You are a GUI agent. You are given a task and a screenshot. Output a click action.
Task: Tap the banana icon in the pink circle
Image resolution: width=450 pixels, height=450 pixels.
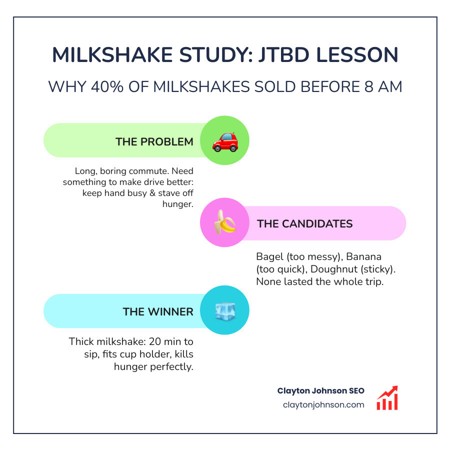point(225,223)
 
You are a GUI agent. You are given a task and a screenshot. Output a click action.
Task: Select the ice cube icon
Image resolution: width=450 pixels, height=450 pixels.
point(225,311)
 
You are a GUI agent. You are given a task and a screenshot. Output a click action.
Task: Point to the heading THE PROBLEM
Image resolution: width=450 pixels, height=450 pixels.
point(154,141)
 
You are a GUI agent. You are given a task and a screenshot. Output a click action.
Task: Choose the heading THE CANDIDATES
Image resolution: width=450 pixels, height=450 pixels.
point(304,223)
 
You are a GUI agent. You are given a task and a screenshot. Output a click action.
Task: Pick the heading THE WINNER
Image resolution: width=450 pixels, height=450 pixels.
point(157,311)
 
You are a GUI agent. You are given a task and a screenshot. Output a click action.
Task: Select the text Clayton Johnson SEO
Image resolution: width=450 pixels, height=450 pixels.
point(320,390)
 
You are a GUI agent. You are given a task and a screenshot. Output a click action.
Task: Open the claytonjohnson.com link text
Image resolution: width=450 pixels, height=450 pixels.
point(323,404)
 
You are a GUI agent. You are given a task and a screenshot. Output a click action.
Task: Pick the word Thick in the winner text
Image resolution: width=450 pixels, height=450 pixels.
point(81,342)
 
